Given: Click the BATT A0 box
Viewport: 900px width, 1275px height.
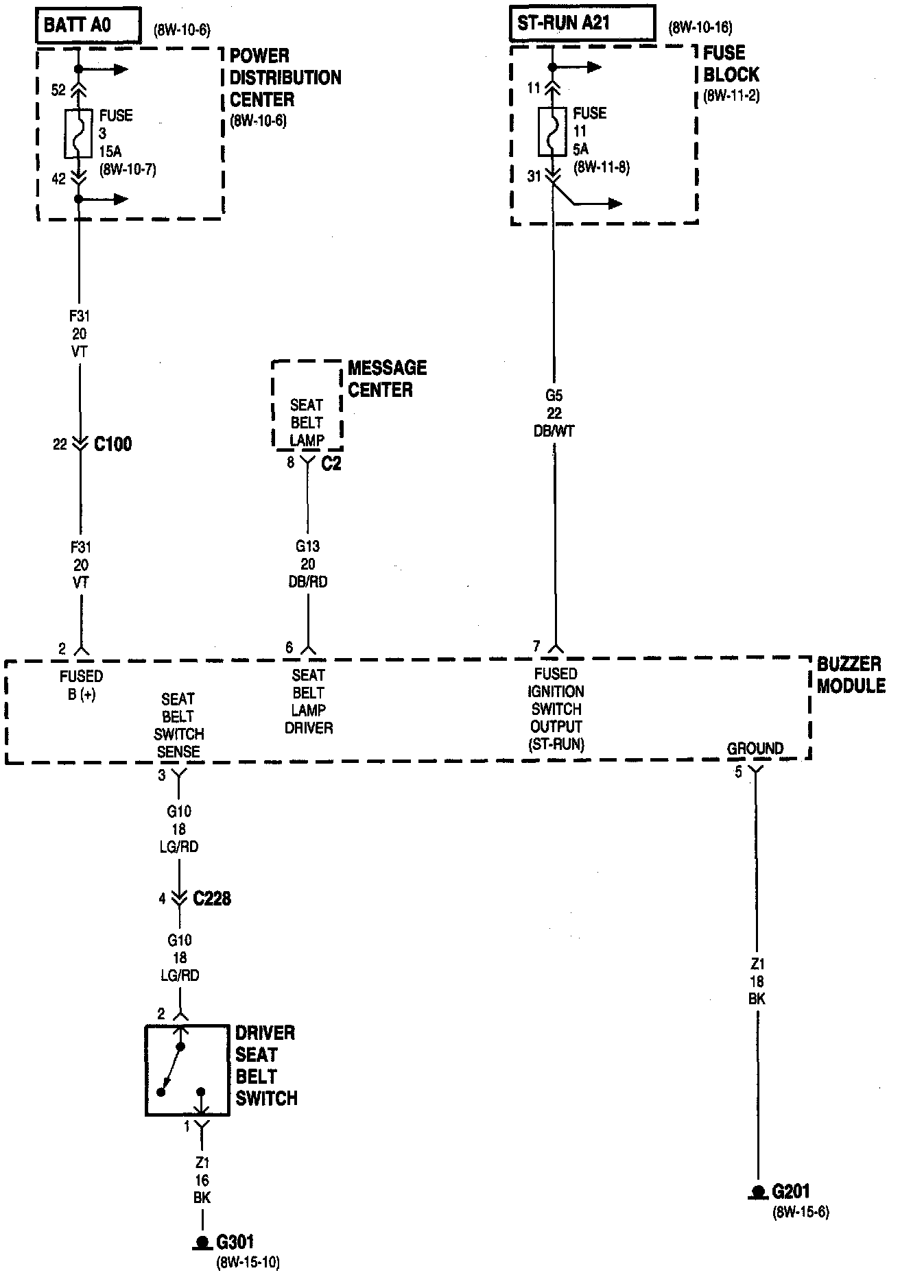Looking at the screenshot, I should [x=88, y=26].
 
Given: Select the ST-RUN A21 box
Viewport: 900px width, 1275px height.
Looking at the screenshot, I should [x=582, y=24].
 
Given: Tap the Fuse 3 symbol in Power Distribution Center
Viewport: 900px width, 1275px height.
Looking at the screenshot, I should [x=79, y=134].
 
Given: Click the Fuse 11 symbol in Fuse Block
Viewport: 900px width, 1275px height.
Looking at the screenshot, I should [x=552, y=132].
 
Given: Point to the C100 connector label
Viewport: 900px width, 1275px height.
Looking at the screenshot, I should [x=113, y=444].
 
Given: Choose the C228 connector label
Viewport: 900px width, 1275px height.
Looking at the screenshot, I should [x=212, y=898].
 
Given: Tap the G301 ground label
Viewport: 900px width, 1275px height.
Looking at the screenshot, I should [x=235, y=1241].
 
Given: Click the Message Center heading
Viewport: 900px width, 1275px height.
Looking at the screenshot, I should [x=387, y=378].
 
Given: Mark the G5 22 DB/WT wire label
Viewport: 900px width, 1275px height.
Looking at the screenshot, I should [x=554, y=413].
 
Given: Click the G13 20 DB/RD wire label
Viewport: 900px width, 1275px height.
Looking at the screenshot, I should [x=308, y=564].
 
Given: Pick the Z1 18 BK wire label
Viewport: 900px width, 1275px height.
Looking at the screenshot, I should [x=756, y=981].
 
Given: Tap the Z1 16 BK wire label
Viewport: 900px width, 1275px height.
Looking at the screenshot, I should [x=202, y=1180].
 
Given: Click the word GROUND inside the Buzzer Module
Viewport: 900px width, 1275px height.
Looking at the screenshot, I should [x=755, y=749].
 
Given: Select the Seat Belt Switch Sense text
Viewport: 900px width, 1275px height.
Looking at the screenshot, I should [x=178, y=725].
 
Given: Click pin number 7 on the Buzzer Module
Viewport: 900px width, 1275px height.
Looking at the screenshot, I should [x=536, y=646].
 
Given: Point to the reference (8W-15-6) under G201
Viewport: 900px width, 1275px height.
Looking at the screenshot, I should [x=801, y=1212].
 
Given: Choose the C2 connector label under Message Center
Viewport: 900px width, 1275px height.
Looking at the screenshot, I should [x=331, y=463].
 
